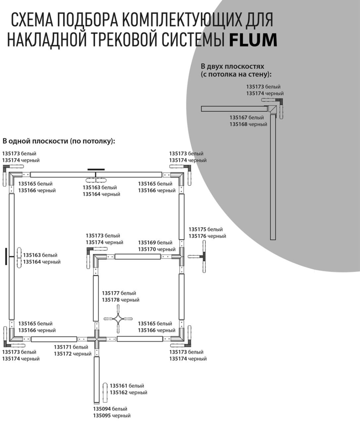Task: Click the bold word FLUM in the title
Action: tap(253, 40)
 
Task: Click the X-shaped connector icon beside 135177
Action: tap(118, 319)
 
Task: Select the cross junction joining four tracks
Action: tap(96, 339)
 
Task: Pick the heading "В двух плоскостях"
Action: tap(233, 66)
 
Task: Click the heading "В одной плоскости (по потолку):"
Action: tap(59, 141)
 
